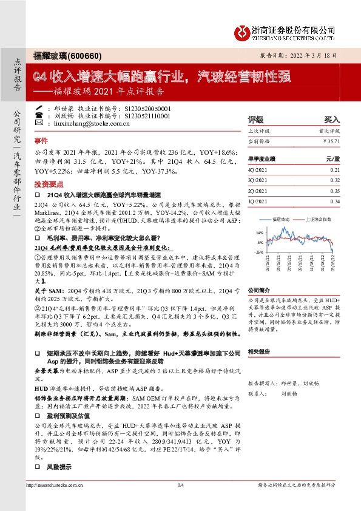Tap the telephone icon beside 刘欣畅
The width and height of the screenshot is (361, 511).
tap(39, 115)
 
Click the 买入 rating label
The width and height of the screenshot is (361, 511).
tap(331, 120)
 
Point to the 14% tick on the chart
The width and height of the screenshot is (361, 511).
tap(260, 233)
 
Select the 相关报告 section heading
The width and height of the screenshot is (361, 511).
tap(259, 351)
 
